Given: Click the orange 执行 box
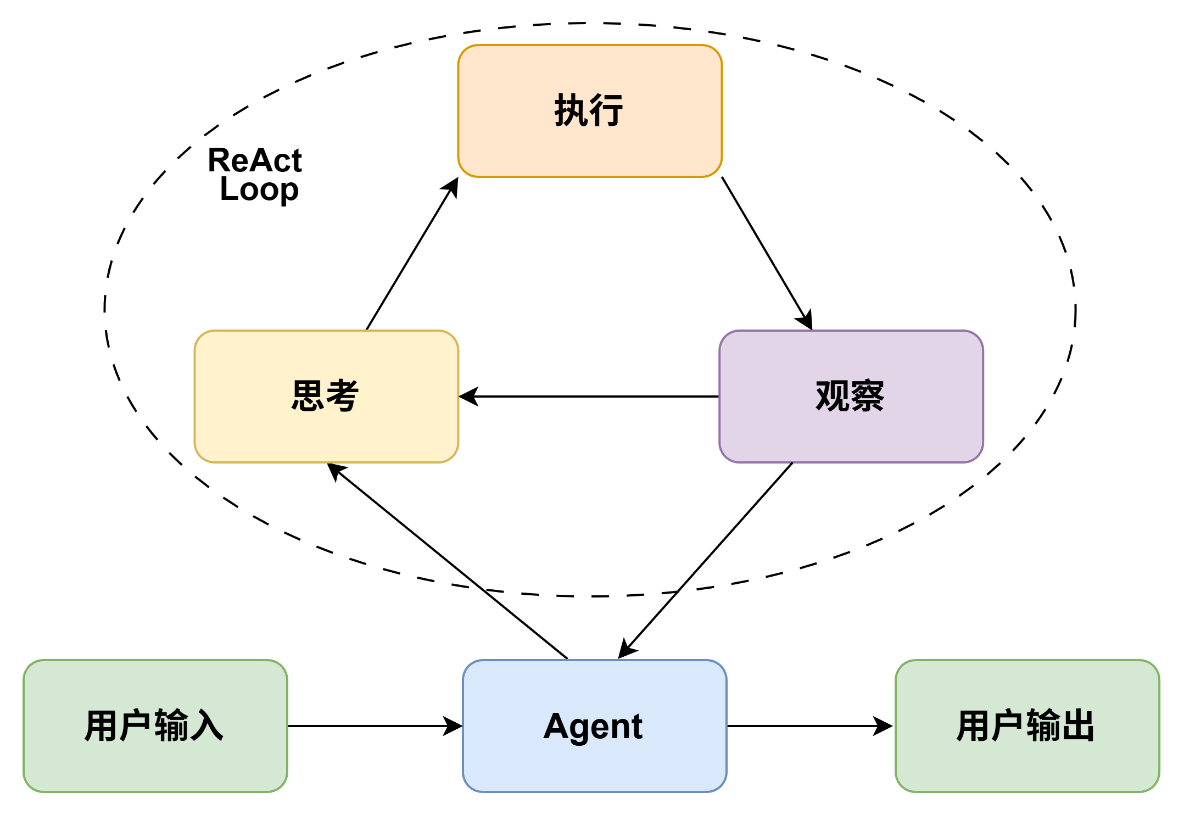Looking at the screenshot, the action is (590, 111).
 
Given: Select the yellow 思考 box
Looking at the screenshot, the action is (326, 397).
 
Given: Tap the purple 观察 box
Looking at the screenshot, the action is (851, 397).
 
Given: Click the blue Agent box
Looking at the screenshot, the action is (595, 726).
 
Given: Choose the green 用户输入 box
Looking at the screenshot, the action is (155, 726).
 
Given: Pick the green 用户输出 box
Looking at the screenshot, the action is (1027, 726).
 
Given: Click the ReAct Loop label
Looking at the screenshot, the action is (255, 175).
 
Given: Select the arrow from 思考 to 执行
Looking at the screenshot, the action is (412, 253).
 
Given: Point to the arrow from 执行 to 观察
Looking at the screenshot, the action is (767, 253).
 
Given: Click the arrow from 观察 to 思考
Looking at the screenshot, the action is (589, 397).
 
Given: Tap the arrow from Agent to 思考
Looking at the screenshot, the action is (448, 561).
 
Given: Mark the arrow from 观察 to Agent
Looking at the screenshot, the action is (706, 560).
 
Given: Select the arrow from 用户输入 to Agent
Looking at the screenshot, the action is (375, 726).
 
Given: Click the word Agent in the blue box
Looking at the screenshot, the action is (593, 727).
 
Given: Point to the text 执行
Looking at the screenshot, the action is (589, 110).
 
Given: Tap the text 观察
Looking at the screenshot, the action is (850, 396).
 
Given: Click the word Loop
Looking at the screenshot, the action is (259, 190).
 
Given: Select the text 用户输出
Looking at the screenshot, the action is (1026, 725).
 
